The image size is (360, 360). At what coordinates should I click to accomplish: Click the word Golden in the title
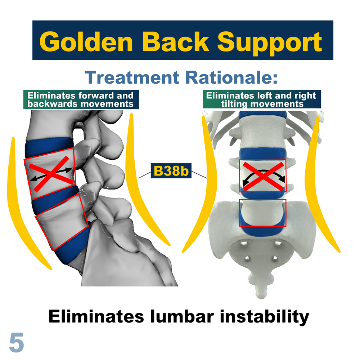click(86, 42)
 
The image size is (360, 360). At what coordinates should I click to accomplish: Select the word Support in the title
click(270, 43)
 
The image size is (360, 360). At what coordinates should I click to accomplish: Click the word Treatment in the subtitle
click(132, 77)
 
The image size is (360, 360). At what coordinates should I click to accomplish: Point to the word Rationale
click(231, 77)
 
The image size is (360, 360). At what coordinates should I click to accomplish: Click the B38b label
click(171, 171)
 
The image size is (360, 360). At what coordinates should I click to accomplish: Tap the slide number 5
click(17, 343)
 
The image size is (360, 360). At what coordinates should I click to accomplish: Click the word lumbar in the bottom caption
click(182, 316)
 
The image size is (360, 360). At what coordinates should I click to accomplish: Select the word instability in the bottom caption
click(265, 317)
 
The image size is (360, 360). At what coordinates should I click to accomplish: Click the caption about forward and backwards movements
click(81, 99)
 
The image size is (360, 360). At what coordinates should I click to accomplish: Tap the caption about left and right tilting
click(262, 99)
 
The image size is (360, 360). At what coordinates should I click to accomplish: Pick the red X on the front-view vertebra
click(263, 176)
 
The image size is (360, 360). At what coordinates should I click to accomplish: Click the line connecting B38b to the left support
click(145, 175)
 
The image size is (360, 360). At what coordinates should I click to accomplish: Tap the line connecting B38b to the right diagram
click(199, 175)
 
